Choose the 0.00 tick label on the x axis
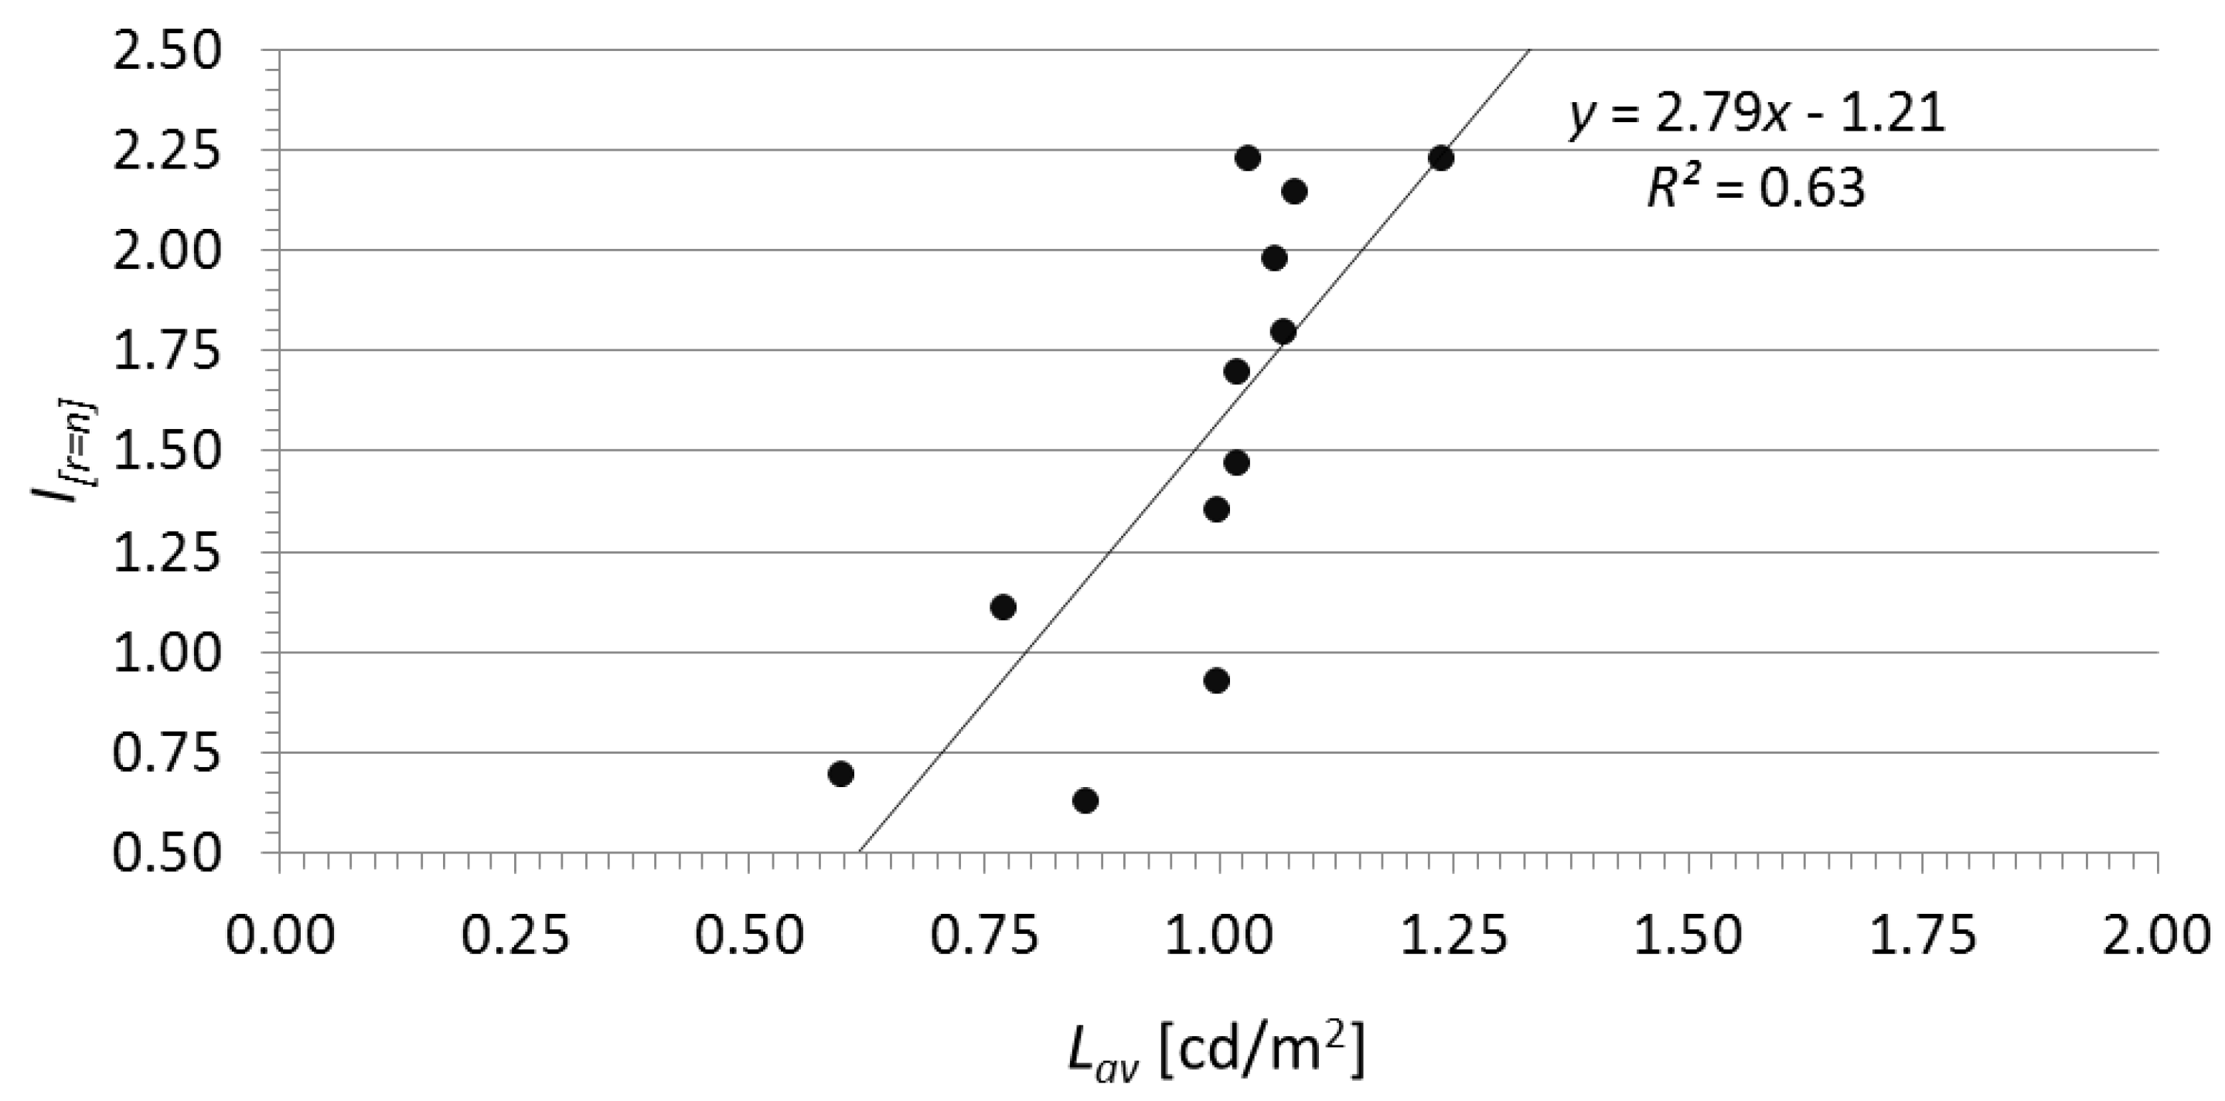[280, 936]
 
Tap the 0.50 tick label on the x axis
[750, 936]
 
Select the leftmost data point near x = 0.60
[840, 774]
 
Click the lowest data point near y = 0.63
[1085, 800]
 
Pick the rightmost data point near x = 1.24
[1441, 158]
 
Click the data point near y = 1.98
[1274, 258]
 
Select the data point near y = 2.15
[1294, 192]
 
